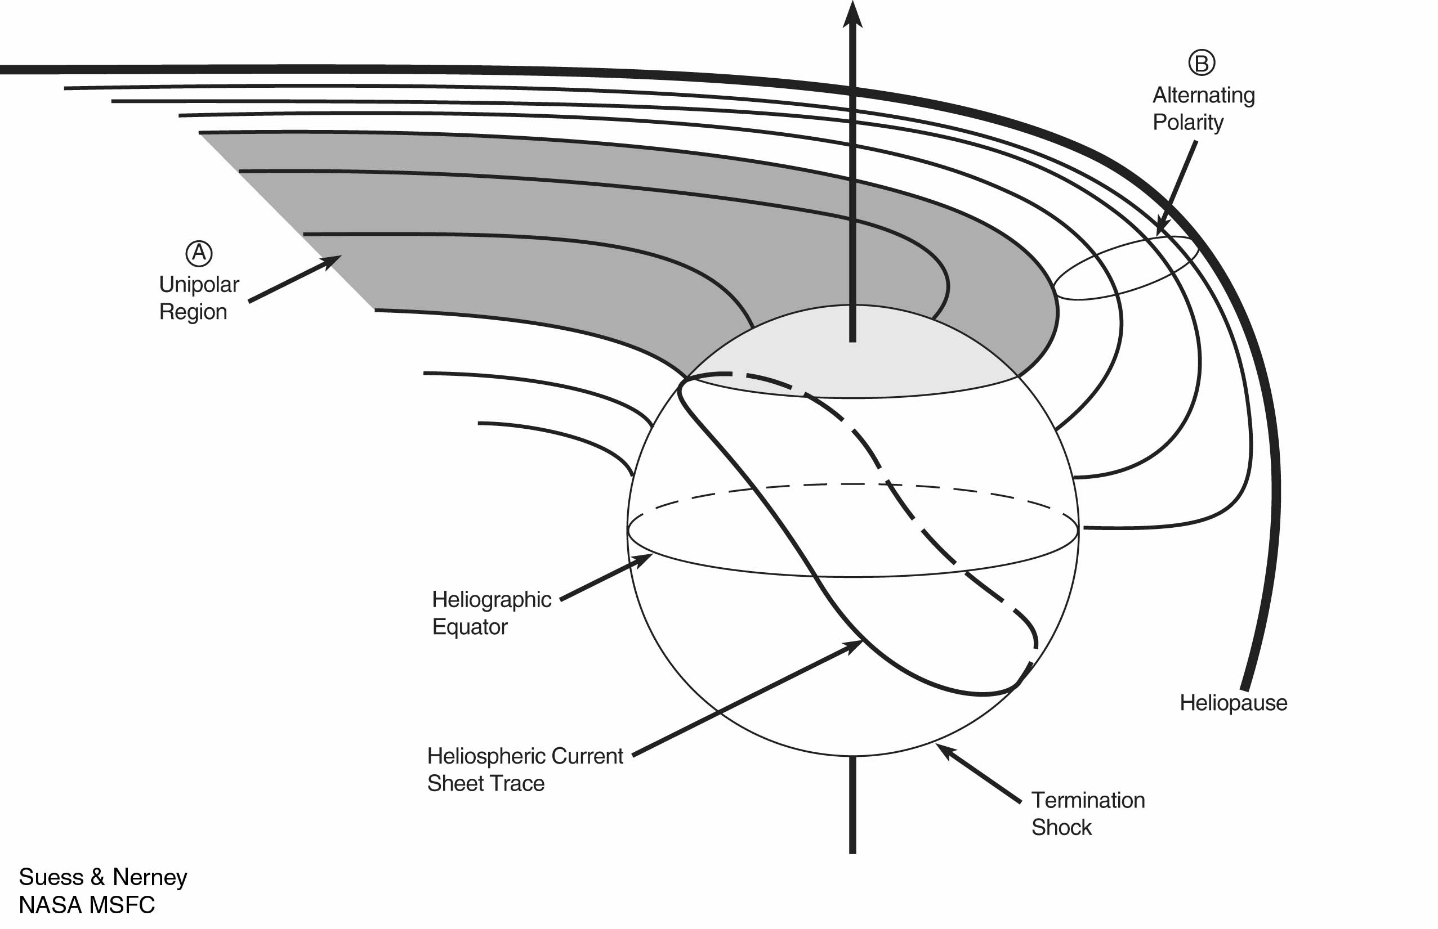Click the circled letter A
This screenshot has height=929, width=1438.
(199, 253)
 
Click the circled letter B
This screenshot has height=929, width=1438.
(1202, 62)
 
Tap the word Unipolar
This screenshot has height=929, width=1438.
(199, 284)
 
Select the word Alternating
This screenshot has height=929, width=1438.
(1203, 95)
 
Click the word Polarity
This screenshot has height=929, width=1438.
(1187, 123)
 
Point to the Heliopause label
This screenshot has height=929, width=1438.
(1233, 703)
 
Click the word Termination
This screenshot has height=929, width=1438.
(1087, 800)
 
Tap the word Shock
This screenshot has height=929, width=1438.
(1061, 827)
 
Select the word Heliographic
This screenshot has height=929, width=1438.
(491, 600)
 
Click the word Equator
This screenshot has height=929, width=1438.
(470, 627)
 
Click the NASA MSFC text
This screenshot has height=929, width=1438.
(86, 904)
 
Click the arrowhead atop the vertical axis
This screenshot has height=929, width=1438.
(852, 14)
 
